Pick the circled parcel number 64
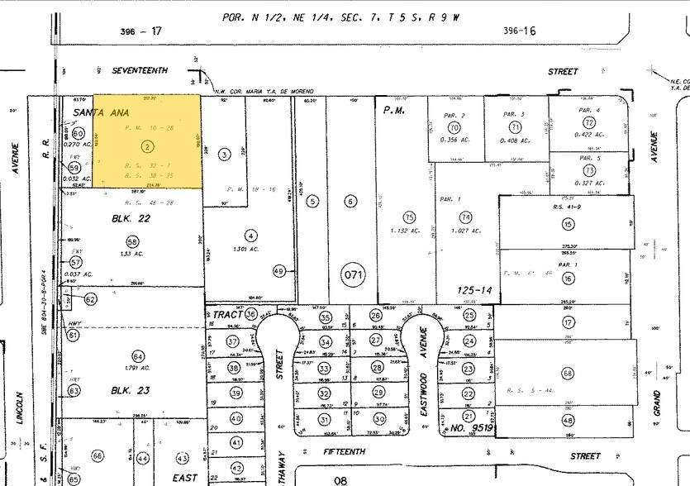click(x=138, y=357)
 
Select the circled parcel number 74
click(x=467, y=217)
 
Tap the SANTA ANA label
click(x=95, y=112)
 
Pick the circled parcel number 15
click(x=568, y=224)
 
